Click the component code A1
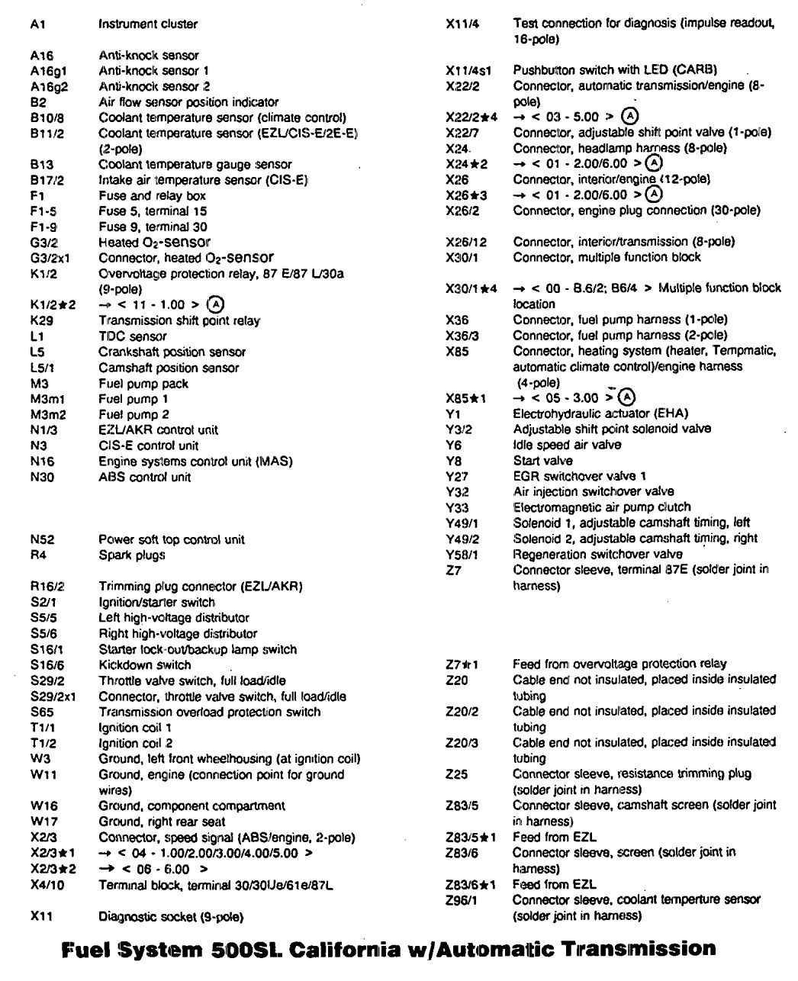tap(38, 24)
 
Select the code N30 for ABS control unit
tap(41, 478)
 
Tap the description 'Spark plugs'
tap(131, 555)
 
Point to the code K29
tap(41, 320)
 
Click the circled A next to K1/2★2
tap(217, 304)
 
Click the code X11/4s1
tap(468, 70)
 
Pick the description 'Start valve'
tap(542, 461)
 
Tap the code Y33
tap(457, 507)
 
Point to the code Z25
tap(456, 774)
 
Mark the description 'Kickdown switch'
tap(145, 665)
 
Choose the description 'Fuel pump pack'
tap(143, 384)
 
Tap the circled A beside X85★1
tap(626, 397)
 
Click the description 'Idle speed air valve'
tap(567, 445)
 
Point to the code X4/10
tap(47, 886)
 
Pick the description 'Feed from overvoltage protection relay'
tap(619, 664)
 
